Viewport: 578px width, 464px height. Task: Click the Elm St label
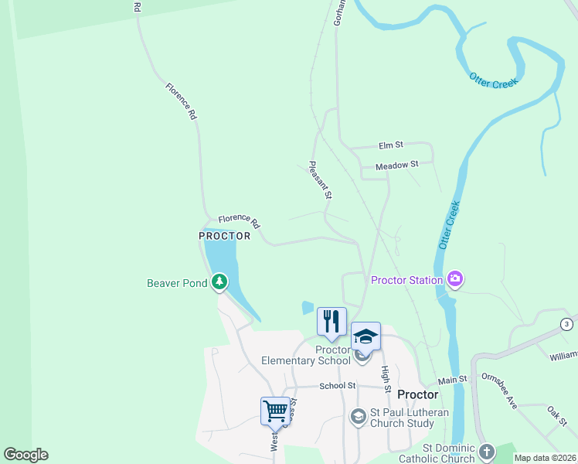tap(391, 145)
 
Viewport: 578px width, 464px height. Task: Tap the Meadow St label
tap(396, 165)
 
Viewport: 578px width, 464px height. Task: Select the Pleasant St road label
tap(319, 180)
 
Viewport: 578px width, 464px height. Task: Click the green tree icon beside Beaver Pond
tap(220, 283)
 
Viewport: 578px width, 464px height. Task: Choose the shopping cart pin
tap(275, 411)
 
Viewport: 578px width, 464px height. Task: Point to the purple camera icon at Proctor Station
tap(455, 279)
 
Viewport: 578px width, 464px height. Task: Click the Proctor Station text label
tap(406, 280)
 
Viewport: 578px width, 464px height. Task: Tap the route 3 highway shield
tap(568, 323)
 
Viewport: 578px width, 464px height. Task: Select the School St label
tap(337, 385)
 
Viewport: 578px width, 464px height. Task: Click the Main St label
tap(454, 380)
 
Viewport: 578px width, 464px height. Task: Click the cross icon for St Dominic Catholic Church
tap(486, 451)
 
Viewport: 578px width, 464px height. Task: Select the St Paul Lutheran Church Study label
tap(398, 418)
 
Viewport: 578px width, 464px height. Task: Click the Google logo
tap(25, 455)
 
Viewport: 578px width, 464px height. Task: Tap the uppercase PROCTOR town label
tap(225, 236)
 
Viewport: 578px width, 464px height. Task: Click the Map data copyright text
tap(546, 458)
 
